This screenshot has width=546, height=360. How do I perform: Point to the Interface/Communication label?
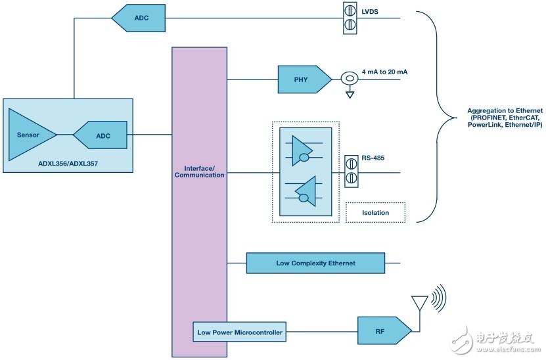pyautogui.click(x=199, y=171)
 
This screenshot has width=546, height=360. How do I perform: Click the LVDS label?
pyautogui.click(x=371, y=11)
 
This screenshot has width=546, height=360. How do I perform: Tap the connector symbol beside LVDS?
pyautogui.click(x=350, y=18)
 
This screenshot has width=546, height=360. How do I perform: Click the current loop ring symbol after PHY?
pyautogui.click(x=350, y=79)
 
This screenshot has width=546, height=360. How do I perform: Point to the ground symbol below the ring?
pyautogui.click(x=350, y=95)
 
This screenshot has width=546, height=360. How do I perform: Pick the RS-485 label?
pyautogui.click(x=373, y=158)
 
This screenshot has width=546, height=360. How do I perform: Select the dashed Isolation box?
pyautogui.click(x=375, y=212)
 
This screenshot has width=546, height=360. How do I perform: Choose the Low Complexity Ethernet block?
pyautogui.click(x=315, y=263)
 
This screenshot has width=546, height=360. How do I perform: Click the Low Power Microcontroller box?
pyautogui.click(x=240, y=332)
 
